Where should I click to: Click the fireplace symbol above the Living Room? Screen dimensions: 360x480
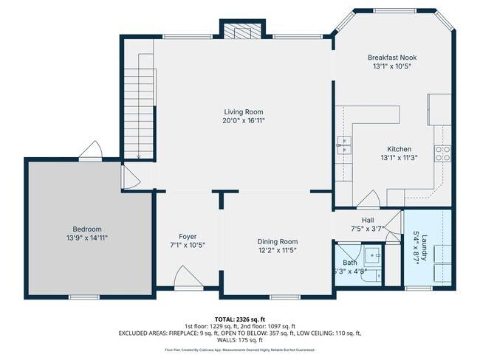241,32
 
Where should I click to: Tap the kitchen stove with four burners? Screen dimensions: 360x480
444,153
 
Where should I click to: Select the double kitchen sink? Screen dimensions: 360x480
344,143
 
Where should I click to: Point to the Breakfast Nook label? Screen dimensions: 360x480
390,57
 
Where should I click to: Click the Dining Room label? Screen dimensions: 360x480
277,241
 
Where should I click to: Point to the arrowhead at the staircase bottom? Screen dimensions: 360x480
138,156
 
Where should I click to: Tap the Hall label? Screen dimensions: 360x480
367,220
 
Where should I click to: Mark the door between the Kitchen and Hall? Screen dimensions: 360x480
370,200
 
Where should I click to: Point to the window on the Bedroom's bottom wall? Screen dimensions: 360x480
83,297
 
